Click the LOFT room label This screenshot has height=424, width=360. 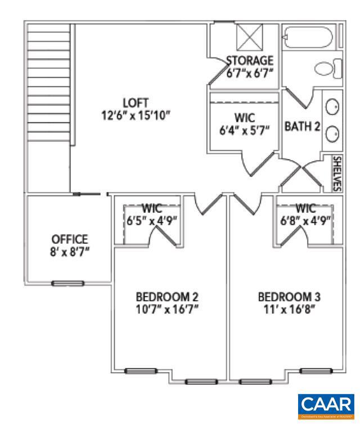pyautogui.click(x=135, y=103)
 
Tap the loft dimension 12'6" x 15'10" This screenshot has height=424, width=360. pyautogui.click(x=135, y=114)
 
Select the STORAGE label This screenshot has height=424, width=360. pyautogui.click(x=250, y=60)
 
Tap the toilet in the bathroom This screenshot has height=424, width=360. pyautogui.click(x=327, y=69)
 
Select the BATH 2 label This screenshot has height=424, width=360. pyautogui.click(x=302, y=126)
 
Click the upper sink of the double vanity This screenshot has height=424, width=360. pyautogui.click(x=332, y=106)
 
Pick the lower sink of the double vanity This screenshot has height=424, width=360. pyautogui.click(x=332, y=133)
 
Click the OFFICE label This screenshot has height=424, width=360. pyautogui.click(x=70, y=239)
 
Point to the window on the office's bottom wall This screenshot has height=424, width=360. pyautogui.click(x=67, y=283)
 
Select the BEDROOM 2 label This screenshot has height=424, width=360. pyautogui.click(x=167, y=296)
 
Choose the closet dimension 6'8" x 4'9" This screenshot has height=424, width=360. pyautogui.click(x=304, y=220)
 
